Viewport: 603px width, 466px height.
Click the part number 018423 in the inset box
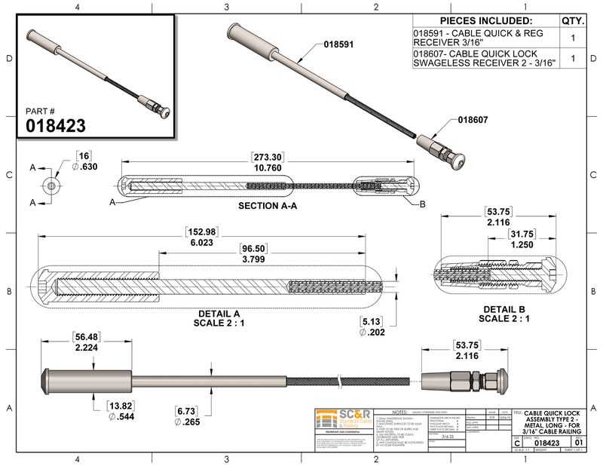(x=57, y=125)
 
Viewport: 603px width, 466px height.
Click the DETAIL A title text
(x=219, y=313)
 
